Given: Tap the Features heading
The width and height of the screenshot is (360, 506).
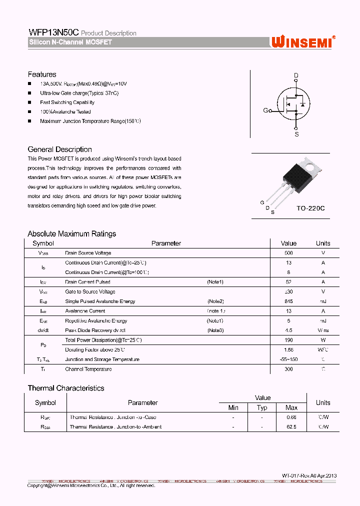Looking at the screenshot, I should pos(42,74).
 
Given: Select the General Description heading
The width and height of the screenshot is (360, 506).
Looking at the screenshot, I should pos(59,149).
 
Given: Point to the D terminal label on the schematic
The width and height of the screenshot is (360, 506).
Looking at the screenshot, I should pos(296,75).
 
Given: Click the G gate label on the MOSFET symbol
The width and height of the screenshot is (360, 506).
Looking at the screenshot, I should pos(265,110).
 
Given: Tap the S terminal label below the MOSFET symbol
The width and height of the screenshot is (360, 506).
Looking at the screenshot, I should pos(296,134).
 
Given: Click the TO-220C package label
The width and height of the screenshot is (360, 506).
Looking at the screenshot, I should pos(310,208).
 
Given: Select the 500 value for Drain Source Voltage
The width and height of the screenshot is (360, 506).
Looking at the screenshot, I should pos(288,253).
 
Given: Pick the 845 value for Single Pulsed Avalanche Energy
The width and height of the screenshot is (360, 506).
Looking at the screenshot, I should pos(288,301).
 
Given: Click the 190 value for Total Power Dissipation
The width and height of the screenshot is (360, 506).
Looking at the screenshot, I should pos(288,340).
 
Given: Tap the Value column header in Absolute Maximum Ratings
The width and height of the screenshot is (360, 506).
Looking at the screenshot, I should pos(288,243).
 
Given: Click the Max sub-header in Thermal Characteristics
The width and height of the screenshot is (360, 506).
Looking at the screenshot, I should pos(291,407).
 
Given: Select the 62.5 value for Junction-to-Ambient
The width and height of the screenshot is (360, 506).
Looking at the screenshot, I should pos(291,427).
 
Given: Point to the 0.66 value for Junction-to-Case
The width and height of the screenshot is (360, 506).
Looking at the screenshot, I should pos(291,417).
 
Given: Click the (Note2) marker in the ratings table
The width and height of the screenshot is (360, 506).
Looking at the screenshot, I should pos(215,301).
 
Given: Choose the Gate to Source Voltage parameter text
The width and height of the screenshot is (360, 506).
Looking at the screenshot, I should pos(90,291).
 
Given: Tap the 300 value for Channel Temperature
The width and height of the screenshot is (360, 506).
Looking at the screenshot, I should pos(288,369).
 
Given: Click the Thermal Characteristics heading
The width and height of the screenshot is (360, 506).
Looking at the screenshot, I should pos(66,388).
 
